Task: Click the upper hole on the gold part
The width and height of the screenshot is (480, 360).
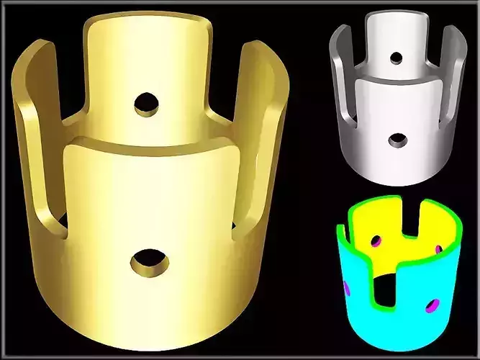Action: tap(146, 103)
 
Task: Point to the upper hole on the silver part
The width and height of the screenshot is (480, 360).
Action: tap(396, 57)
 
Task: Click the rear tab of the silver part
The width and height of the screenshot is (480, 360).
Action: tap(396, 36)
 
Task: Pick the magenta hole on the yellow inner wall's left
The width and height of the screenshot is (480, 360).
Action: tap(375, 241)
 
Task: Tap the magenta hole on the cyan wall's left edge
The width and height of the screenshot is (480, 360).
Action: tap(346, 289)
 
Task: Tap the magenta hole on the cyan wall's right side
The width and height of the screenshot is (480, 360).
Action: tap(432, 306)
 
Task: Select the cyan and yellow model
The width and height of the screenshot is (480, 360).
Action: tap(399, 274)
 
